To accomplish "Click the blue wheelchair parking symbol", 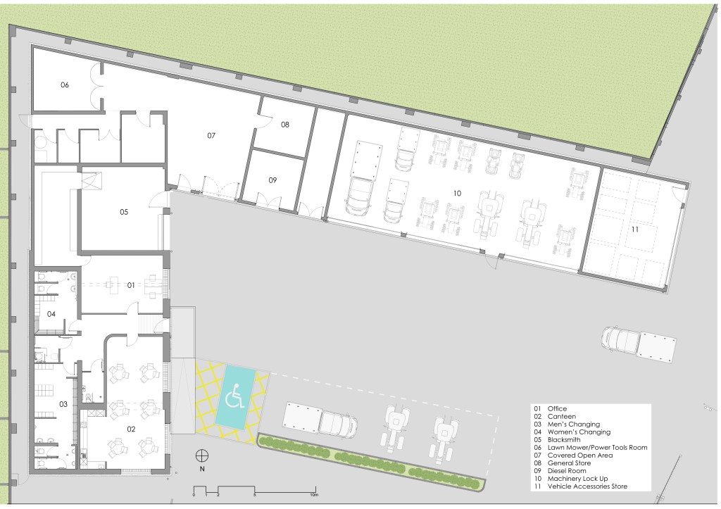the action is pyautogui.click(x=234, y=396).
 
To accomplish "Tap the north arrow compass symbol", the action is pyautogui.click(x=202, y=455).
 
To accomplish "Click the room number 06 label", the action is pyautogui.click(x=64, y=84).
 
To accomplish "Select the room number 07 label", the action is pyautogui.click(x=211, y=135).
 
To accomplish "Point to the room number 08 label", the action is pyautogui.click(x=285, y=124).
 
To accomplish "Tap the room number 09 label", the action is pyautogui.click(x=272, y=180).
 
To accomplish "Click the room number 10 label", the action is pyautogui.click(x=457, y=193).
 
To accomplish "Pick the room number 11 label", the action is pyautogui.click(x=635, y=229).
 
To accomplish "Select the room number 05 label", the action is pyautogui.click(x=124, y=212).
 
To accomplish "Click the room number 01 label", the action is pyautogui.click(x=131, y=285).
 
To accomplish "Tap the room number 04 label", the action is pyautogui.click(x=51, y=314).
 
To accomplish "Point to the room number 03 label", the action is pyautogui.click(x=63, y=404).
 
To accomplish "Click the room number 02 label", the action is pyautogui.click(x=131, y=429).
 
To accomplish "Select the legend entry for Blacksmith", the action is pyautogui.click(x=557, y=439).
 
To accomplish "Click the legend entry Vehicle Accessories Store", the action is pyautogui.click(x=580, y=486).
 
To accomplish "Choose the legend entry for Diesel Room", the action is pyautogui.click(x=560, y=471).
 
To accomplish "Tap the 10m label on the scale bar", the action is pyautogui.click(x=314, y=495).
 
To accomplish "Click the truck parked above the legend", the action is pyautogui.click(x=639, y=343).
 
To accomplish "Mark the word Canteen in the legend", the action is pyautogui.click(x=561, y=417).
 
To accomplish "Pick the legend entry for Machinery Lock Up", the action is pyautogui.click(x=570, y=478).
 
